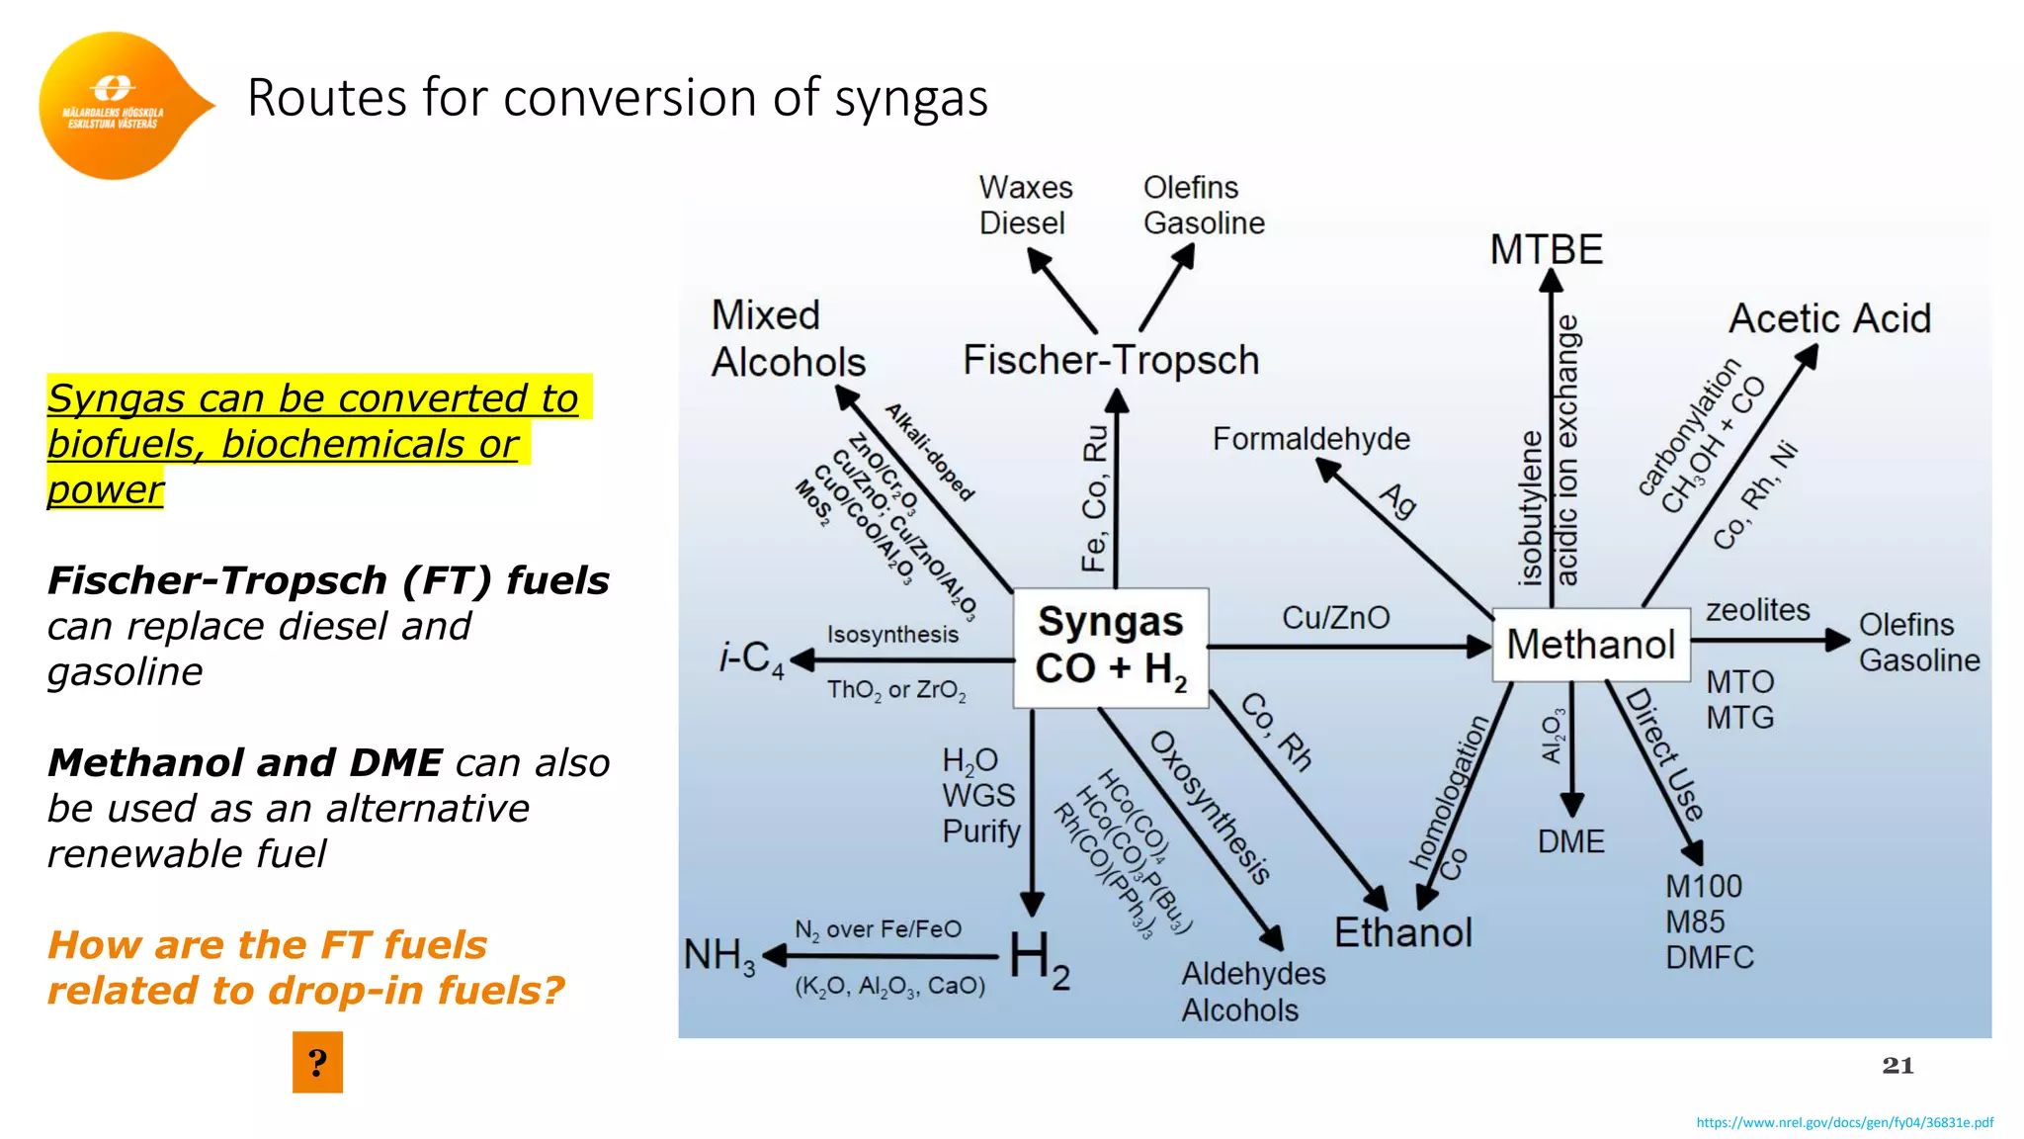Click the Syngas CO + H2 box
(x=1110, y=648)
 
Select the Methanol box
(x=1590, y=645)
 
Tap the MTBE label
(x=1546, y=249)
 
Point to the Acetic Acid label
(x=1829, y=318)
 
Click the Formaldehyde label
(x=1310, y=438)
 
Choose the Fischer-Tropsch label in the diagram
(x=1111, y=360)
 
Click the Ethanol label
(x=1402, y=932)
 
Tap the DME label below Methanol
(x=1570, y=841)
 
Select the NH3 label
(x=719, y=956)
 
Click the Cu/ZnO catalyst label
(x=1335, y=618)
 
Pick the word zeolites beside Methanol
(x=1757, y=610)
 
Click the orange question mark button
(x=317, y=1062)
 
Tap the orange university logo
(x=117, y=106)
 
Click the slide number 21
(x=1897, y=1065)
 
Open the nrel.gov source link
(x=1844, y=1122)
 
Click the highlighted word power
(x=105, y=489)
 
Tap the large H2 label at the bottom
(x=1039, y=959)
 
